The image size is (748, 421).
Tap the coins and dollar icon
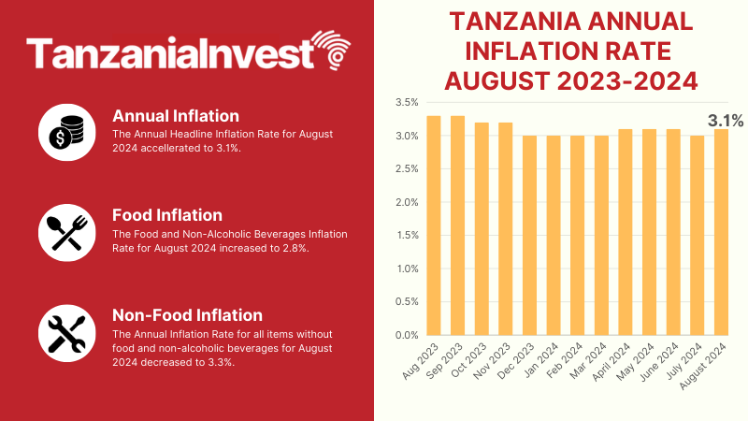[67, 132]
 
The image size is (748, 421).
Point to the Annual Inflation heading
[176, 116]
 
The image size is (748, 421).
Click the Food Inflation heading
[167, 215]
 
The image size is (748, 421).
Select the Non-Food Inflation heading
[187, 314]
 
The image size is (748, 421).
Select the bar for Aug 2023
[433, 225]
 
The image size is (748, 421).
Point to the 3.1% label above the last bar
[726, 121]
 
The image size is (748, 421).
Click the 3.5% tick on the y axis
[407, 103]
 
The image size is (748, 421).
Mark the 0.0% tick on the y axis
[407, 335]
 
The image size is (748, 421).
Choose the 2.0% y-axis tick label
[407, 202]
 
